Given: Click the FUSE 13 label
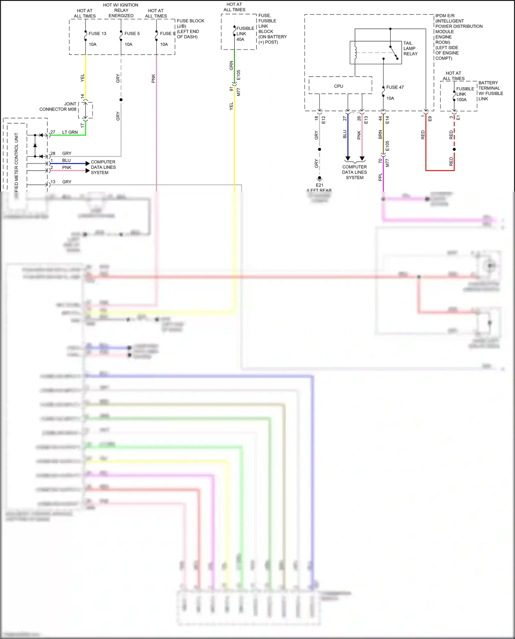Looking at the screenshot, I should coord(97,34).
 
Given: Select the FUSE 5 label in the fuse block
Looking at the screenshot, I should coord(132,34).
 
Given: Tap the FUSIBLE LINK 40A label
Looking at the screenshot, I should coord(245,34).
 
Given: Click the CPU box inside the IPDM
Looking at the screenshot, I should coord(339,86).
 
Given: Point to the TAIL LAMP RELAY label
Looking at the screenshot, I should coord(410,48).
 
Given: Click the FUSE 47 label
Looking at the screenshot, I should coord(395,87).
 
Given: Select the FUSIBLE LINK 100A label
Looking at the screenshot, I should coord(465,94).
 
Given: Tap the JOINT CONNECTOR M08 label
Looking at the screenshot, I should coord(58,106).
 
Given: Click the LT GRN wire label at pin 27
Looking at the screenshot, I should coord(70,132).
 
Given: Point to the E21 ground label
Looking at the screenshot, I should coord(319,185).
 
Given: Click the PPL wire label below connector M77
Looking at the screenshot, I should coord(380,177).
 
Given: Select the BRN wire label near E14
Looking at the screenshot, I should coord(380,135).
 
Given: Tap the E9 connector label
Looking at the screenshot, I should coord(430,118).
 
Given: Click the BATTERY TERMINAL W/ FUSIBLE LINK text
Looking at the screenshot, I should coord(491,91).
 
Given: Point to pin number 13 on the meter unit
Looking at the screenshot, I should coord(53,182).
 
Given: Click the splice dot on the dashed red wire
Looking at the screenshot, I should coord(454,149).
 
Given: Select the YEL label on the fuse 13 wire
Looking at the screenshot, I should coord(82,78).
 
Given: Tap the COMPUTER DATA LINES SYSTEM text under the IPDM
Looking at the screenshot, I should coord(354,172).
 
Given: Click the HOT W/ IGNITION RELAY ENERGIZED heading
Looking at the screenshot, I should coord(121,10).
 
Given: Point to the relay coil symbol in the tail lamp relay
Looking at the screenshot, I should coord(356,53).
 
